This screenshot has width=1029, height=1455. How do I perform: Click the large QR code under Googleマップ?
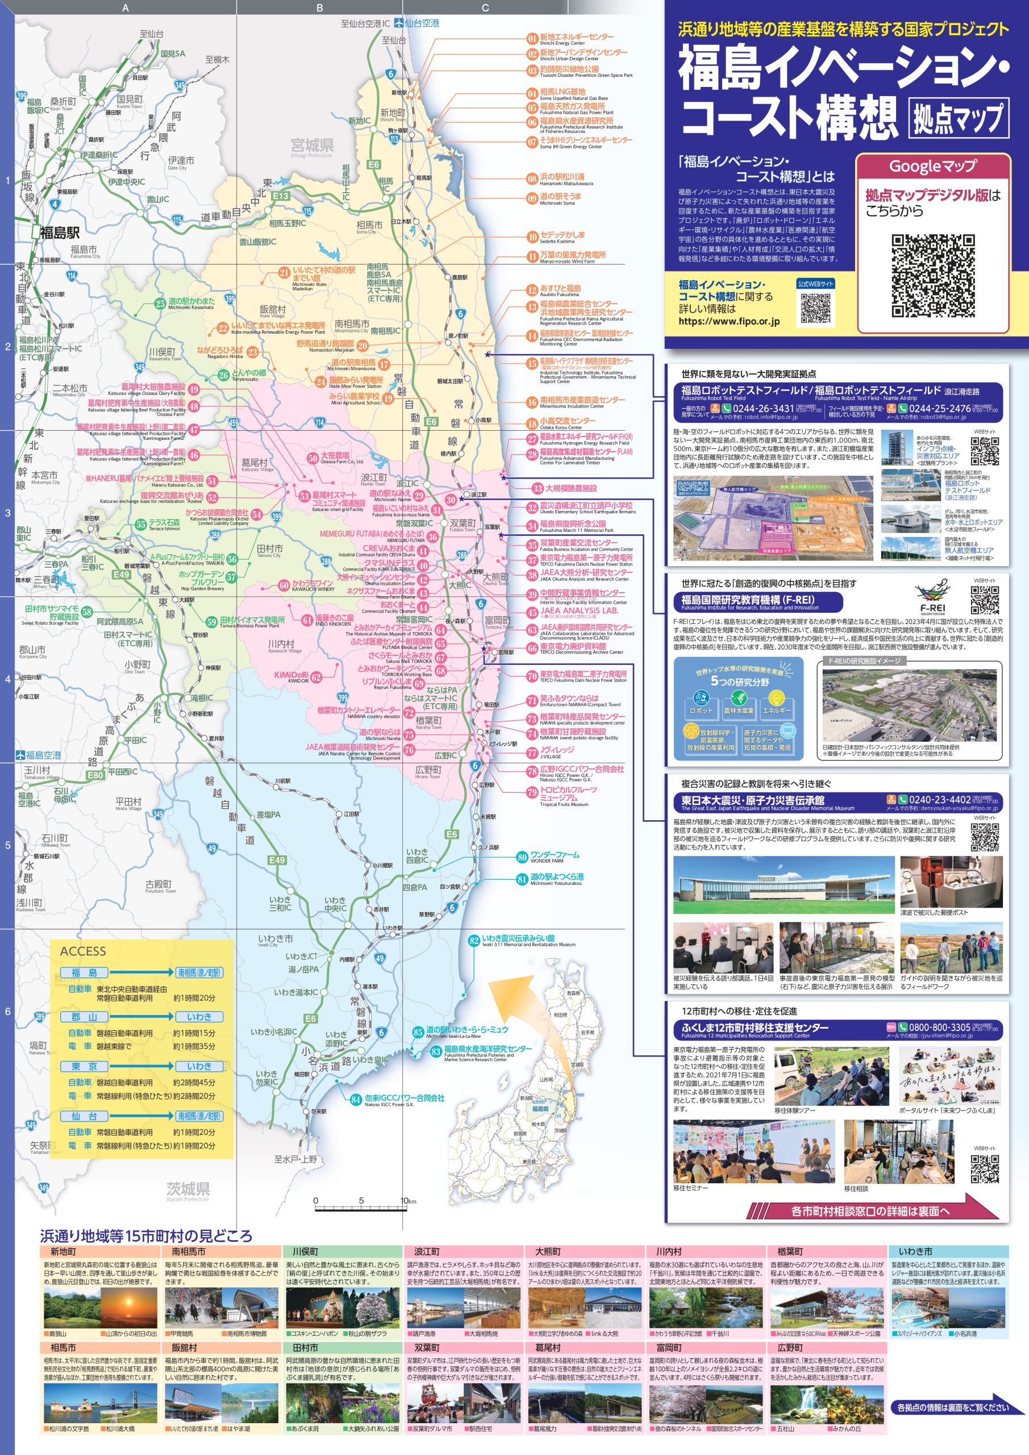tap(932, 276)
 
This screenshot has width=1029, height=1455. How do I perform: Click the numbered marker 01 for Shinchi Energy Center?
tap(532, 38)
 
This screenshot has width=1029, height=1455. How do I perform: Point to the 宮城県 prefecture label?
tap(312, 145)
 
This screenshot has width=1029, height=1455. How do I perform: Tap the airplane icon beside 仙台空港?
tap(398, 23)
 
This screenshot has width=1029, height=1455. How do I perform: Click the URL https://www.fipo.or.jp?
tap(728, 321)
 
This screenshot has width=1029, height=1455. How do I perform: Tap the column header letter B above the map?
tap(319, 7)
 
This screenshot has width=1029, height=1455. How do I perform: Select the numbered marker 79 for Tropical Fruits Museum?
tap(532, 792)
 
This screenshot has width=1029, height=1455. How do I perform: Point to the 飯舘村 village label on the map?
tap(273, 309)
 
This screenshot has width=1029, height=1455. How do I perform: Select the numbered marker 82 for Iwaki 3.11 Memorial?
tap(474, 941)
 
